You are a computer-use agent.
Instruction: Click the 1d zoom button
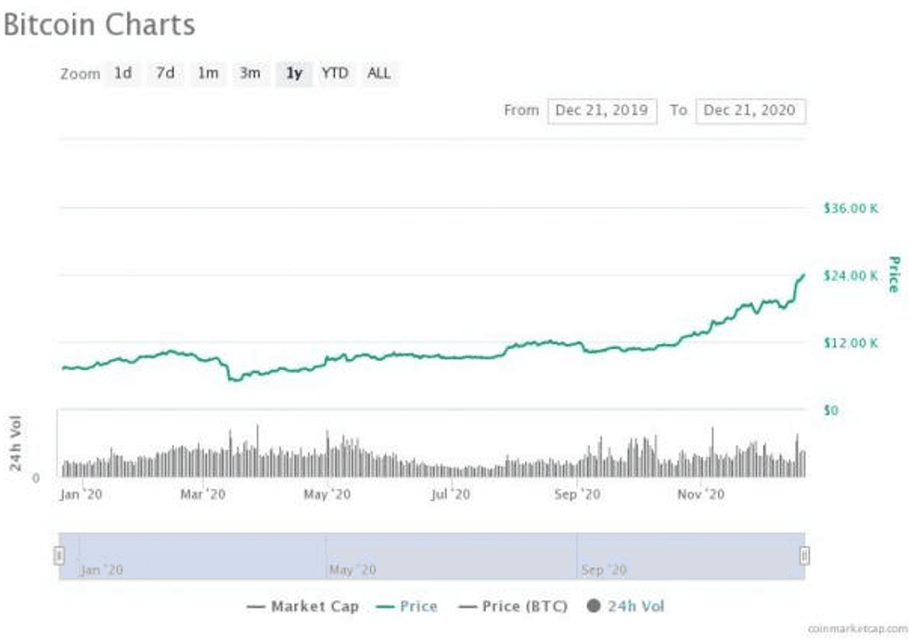[x=123, y=72]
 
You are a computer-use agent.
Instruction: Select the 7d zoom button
[x=165, y=72]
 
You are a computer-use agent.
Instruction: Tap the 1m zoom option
[x=208, y=72]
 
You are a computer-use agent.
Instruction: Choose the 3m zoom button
[x=250, y=72]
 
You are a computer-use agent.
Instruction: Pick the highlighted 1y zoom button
[x=294, y=72]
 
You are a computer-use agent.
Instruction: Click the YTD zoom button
[x=335, y=72]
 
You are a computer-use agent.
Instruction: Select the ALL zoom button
[x=378, y=72]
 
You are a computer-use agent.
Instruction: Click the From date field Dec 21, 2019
[x=602, y=110]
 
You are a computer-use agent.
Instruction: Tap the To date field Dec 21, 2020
[x=749, y=110]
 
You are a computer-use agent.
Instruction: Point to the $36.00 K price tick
[x=851, y=208]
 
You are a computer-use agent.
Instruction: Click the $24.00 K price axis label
[x=851, y=276]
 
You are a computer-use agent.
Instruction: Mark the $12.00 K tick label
[x=851, y=343]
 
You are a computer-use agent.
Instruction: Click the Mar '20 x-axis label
[x=203, y=494]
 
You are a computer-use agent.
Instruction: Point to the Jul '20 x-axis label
[x=451, y=494]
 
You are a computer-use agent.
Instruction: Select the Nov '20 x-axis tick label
[x=700, y=494]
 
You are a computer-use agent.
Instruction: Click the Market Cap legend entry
[x=303, y=607]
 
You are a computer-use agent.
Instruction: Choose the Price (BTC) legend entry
[x=514, y=607]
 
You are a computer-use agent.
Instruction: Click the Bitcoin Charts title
[x=99, y=24]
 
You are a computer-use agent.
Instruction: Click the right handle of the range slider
[x=804, y=556]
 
